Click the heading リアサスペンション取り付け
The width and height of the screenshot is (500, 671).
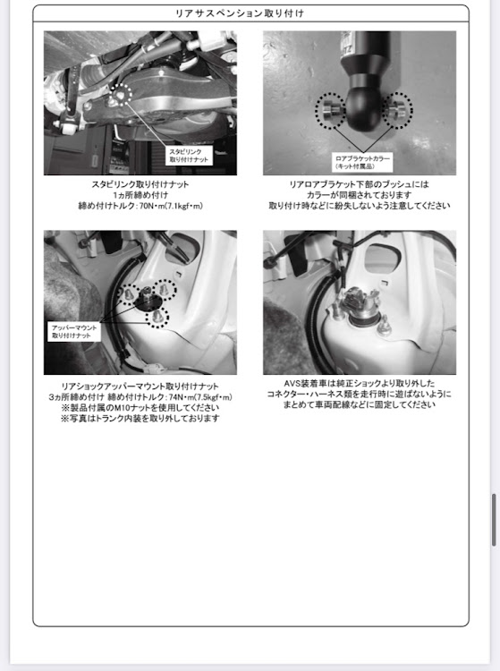[240, 13]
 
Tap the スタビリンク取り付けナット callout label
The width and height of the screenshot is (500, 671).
[189, 156]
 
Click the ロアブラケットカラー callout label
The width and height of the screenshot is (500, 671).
[362, 162]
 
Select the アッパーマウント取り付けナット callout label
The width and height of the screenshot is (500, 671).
[74, 332]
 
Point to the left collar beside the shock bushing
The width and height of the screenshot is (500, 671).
[331, 110]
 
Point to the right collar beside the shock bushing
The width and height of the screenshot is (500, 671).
[396, 109]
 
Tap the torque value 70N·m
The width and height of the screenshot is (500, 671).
[150, 206]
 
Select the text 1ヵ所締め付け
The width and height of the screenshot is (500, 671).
[140, 195]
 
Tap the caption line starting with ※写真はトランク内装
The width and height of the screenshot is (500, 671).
[140, 419]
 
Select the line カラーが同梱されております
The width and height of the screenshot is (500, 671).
[360, 195]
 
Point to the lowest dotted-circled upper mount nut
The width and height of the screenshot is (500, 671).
[157, 317]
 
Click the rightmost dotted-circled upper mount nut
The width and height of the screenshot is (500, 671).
[165, 290]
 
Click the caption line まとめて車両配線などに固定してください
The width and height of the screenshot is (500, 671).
[360, 404]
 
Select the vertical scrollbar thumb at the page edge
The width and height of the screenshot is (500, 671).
[494, 520]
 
